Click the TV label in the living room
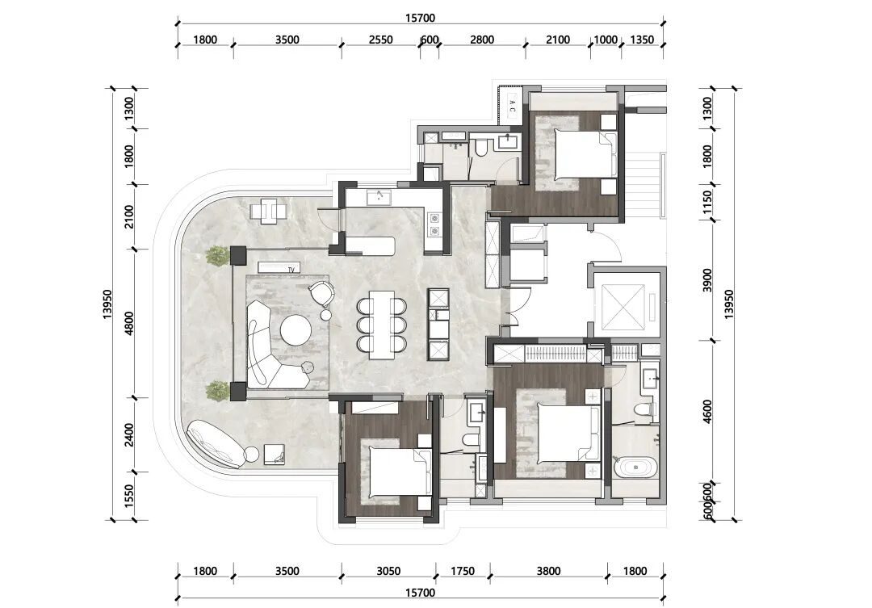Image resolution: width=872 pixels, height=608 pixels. tap(291, 270)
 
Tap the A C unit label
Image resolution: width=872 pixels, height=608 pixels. tap(513, 106)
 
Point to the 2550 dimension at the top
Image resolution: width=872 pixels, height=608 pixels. tap(380, 40)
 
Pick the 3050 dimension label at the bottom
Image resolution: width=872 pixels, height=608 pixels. tap(388, 571)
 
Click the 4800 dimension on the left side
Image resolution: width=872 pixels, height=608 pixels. tap(128, 323)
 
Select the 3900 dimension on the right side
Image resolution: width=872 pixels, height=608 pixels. tap(706, 280)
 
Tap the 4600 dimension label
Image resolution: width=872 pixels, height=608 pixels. tap(706, 411)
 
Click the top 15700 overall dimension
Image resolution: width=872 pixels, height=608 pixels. tap(420, 18)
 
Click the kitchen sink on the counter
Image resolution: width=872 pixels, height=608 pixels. tap(379, 196)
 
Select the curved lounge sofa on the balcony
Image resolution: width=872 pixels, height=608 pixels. tap(214, 444)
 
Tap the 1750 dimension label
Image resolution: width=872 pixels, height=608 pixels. tap(462, 571)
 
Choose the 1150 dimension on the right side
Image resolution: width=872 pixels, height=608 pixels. tap(706, 203)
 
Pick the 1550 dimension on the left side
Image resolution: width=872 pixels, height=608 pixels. tap(128, 497)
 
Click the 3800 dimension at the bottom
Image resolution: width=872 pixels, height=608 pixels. tap(548, 571)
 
